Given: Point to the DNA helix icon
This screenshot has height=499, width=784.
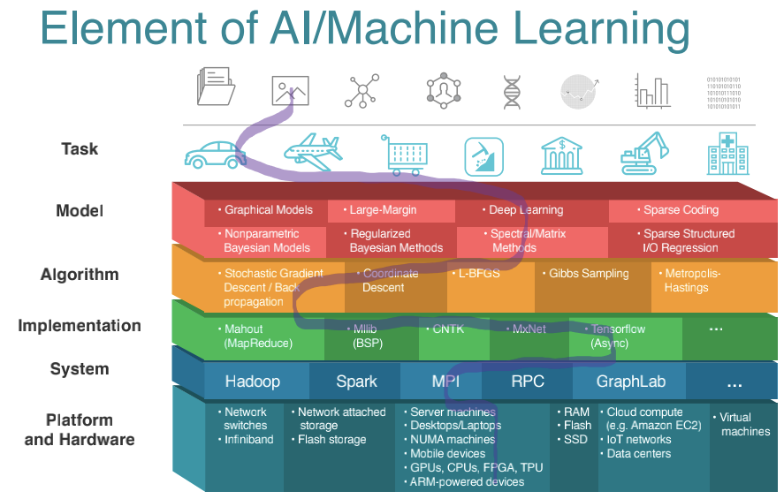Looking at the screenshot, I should click(512, 90).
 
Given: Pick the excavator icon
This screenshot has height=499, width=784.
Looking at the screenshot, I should click(643, 153).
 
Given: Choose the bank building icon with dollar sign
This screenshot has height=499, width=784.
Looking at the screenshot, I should click(561, 155).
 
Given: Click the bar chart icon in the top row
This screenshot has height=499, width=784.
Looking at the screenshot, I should click(651, 90).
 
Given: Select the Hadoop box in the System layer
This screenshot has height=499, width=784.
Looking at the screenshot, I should click(252, 382).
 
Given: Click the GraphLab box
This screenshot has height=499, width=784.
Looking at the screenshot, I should click(630, 382).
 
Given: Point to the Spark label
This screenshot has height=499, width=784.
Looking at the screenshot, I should click(356, 382).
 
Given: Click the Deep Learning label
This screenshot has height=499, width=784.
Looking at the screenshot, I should click(526, 210).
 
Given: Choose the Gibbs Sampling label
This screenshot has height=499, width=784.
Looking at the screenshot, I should click(589, 274).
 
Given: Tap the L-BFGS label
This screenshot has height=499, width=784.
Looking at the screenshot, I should click(478, 274).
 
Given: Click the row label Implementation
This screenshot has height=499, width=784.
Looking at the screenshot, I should click(80, 326).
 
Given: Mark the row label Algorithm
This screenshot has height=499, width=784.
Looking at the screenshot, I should click(80, 275).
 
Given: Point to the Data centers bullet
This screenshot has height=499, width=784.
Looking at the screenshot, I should click(638, 454).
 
